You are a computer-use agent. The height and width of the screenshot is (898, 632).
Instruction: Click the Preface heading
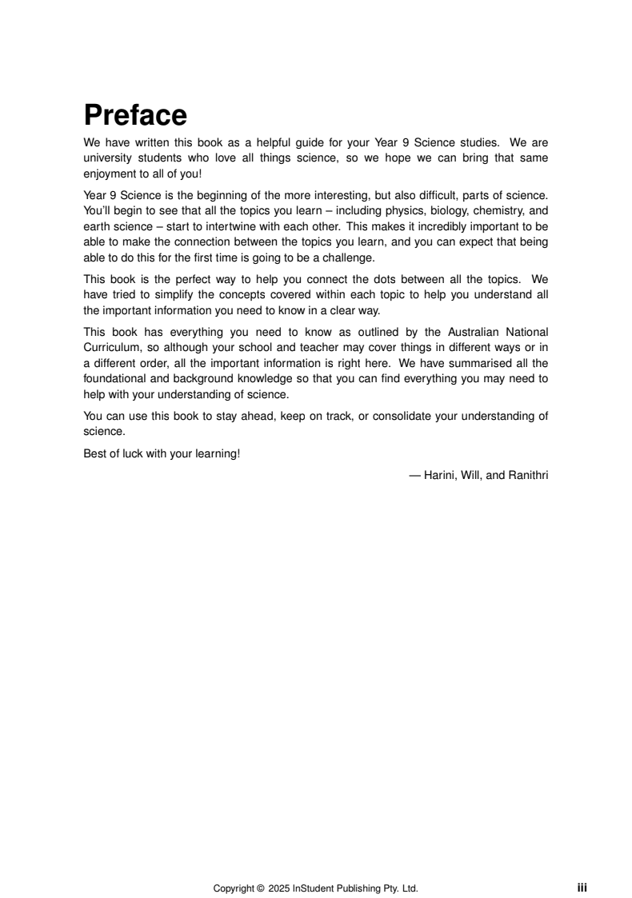[135, 116]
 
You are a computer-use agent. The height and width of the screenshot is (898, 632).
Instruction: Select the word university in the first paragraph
[109, 158]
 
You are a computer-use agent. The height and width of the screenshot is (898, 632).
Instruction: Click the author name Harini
[440, 475]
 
